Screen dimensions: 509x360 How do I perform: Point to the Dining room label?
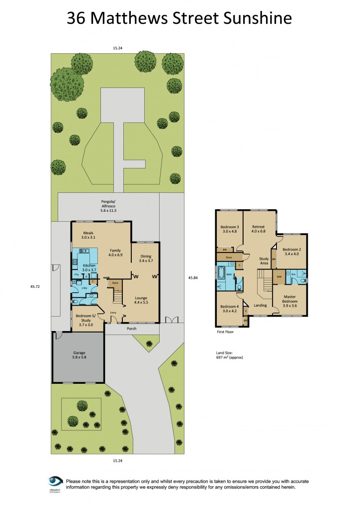coord(146,258)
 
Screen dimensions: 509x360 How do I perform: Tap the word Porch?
coord(131,329)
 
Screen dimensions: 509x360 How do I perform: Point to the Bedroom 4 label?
coord(229,309)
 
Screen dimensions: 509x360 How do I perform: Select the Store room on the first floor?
coord(229,257)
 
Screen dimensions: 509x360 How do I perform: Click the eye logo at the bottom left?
coord(55,482)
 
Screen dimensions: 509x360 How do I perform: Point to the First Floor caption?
coord(224,332)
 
